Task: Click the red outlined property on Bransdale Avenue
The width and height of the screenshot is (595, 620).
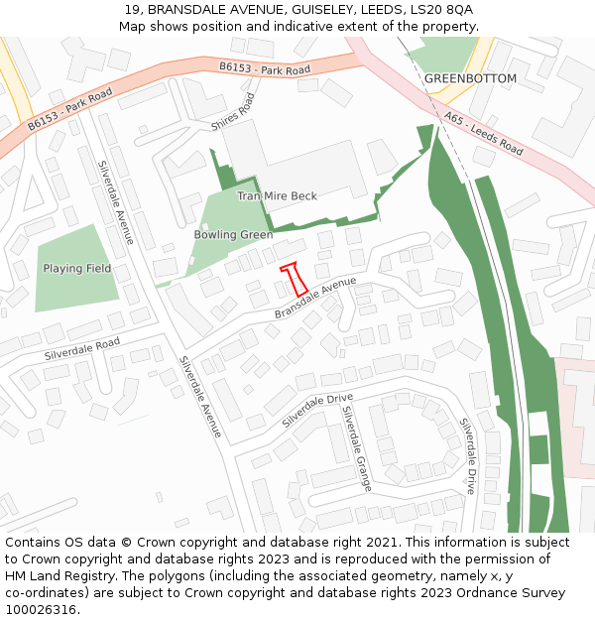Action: [294, 279]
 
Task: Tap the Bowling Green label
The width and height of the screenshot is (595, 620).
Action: [233, 235]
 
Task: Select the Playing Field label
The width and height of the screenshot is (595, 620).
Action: [76, 269]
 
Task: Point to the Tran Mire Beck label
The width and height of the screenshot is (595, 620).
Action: [277, 196]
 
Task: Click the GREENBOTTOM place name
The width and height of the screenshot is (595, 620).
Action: [470, 78]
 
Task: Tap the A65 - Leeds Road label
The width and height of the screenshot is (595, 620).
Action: [484, 134]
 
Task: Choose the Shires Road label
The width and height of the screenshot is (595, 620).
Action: [233, 113]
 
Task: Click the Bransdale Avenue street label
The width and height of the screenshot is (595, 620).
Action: [316, 298]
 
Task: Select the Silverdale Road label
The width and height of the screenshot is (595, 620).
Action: [81, 348]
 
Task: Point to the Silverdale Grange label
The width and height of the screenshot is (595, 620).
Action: [357, 448]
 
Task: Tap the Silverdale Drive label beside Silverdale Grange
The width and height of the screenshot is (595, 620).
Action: [316, 410]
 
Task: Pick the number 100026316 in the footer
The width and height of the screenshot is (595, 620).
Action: [43, 610]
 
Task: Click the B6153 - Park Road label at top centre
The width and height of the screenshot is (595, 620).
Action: [265, 69]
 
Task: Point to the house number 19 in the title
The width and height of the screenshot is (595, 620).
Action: [133, 10]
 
